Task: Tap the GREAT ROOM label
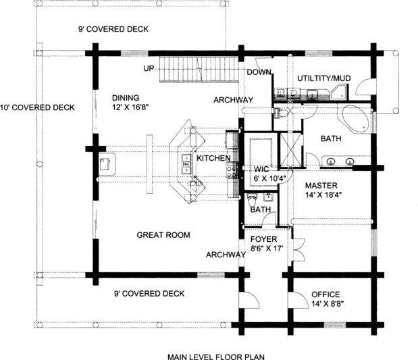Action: coord(163,235)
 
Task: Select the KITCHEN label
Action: coord(213,158)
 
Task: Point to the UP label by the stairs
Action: coord(149,68)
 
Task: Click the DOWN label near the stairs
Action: coord(259,72)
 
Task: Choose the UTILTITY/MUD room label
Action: coord(324,78)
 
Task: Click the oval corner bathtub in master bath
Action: coord(355,119)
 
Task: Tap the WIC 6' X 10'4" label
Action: coord(269,174)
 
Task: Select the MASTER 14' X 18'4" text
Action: coord(323,190)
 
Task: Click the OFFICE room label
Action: coord(325,294)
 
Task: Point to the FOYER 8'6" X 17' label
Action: coord(267,243)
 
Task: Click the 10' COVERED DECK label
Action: coord(37,107)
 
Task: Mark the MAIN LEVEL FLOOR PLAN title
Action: coord(216,357)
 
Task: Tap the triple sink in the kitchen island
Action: coord(186,164)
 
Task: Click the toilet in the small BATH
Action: coord(252,200)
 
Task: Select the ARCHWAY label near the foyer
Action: coord(226,255)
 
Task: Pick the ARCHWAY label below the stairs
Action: coord(233,100)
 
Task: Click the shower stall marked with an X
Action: coord(290,150)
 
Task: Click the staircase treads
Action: coord(199,70)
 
